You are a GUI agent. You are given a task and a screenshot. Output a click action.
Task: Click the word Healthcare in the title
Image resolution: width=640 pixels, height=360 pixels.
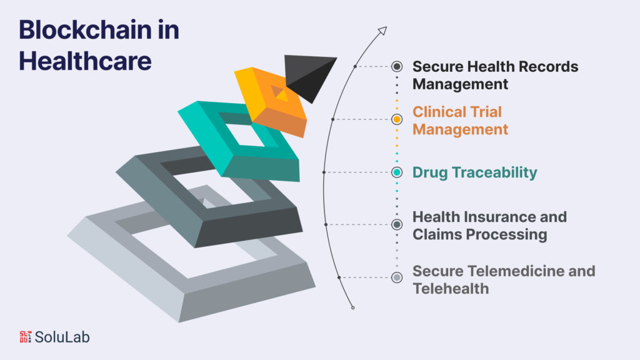[85, 61]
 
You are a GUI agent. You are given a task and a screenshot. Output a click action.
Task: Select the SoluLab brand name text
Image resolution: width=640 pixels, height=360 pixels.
[62, 337]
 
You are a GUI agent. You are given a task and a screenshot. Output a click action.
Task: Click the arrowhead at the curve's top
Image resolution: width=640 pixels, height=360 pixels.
[382, 29]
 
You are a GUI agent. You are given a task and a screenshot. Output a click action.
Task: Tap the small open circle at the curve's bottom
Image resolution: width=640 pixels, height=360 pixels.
[353, 307]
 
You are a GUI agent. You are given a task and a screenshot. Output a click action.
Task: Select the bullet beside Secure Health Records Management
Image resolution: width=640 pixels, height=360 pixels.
[397, 66]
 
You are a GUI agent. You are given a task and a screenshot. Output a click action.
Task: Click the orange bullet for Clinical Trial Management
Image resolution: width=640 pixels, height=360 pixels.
[397, 119]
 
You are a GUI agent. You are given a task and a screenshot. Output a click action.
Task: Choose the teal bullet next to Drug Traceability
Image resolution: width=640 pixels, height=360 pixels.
[397, 172]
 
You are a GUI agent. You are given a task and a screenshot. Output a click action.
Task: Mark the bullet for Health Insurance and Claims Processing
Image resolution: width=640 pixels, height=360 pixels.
[397, 224]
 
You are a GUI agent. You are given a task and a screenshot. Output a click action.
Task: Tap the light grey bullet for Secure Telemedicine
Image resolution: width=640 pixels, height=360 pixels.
[397, 277]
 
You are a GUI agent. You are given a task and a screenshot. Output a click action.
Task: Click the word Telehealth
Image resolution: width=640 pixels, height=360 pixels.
[451, 289]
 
